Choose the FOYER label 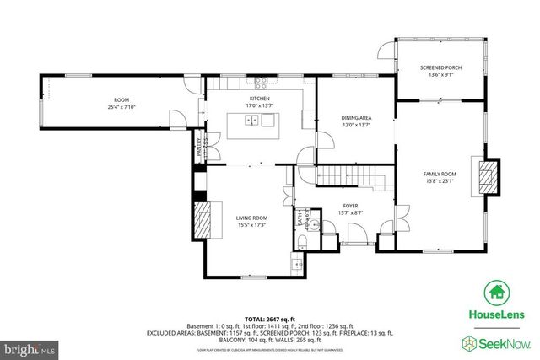349,205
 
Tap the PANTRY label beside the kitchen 199,145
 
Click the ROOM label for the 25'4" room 121,100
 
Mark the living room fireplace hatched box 202,221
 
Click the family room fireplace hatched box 488,175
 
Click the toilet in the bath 303,243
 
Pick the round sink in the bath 313,225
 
